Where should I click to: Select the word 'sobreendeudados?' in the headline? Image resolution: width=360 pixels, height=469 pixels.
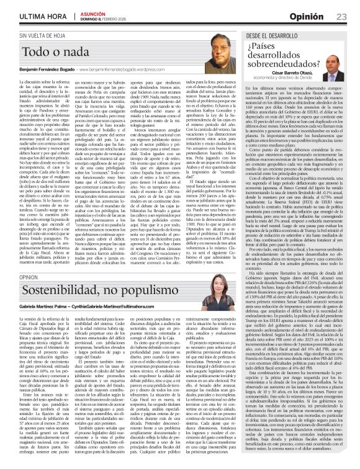[x=282, y=63]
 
